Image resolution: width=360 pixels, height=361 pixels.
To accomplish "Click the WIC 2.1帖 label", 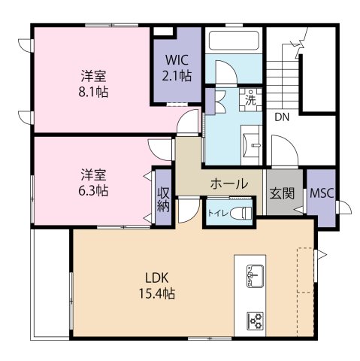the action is tap(177, 68).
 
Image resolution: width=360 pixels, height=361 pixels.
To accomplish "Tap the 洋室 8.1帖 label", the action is tap(93, 84).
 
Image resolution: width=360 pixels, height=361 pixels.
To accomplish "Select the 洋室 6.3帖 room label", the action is tap(93, 183).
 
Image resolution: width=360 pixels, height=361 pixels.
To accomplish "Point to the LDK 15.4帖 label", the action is tap(157, 286).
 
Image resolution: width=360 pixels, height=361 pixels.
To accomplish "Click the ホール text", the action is tap(229, 184).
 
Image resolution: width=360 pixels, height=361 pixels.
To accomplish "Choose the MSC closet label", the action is tap(322, 193).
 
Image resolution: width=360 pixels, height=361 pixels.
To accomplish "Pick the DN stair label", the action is tap(282, 117).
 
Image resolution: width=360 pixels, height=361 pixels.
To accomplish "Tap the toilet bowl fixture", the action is tap(241, 213).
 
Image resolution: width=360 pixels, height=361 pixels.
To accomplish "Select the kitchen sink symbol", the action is tap(255, 276).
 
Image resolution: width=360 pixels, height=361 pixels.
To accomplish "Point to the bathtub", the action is tap(234, 40).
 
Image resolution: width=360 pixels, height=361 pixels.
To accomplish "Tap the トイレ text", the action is tap(218, 213).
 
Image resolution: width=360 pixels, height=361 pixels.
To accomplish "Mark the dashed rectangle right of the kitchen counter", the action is tap(305, 270).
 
